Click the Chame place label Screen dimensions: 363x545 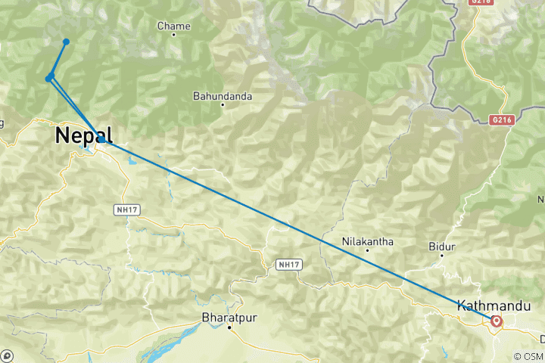[173, 26]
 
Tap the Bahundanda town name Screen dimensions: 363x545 [222, 96]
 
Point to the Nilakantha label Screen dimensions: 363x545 [367, 242]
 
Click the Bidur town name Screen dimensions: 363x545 [441, 247]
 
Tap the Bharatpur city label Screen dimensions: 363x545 [228, 318]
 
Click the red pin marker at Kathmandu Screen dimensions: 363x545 [497, 321]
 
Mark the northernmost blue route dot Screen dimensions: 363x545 [67, 42]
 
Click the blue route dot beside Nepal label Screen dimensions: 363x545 [101, 140]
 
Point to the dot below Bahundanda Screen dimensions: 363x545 [222, 105]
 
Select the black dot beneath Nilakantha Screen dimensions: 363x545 [367, 251]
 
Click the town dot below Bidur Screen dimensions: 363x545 [441, 256]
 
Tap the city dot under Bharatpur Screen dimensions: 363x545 [228, 327]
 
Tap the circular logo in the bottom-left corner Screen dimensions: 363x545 [7, 355]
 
